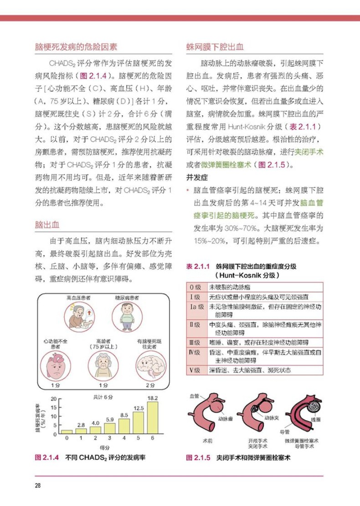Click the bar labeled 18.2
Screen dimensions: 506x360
(x=152, y=418)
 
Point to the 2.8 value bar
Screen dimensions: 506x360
(x=81, y=431)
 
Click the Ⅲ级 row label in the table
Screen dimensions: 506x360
(x=195, y=342)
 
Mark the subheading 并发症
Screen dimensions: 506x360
(x=196, y=176)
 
